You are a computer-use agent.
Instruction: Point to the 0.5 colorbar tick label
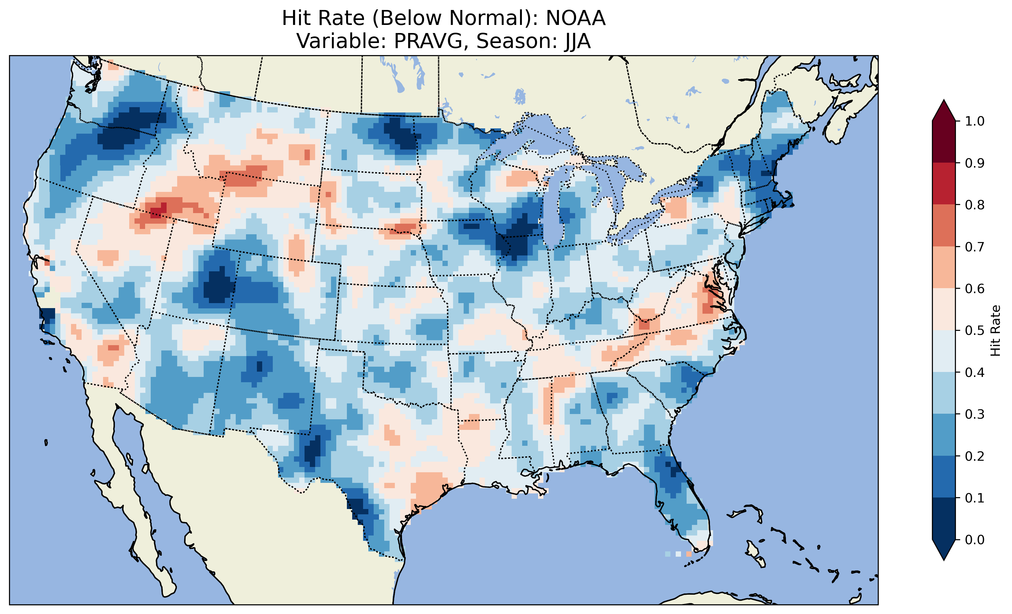tap(974, 331)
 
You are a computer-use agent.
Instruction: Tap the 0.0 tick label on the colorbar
tap(974, 540)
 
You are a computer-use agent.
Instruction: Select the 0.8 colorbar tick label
tap(974, 205)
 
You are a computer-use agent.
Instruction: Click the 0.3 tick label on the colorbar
tap(974, 414)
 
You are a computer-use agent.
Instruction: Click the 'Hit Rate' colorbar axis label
tap(995, 331)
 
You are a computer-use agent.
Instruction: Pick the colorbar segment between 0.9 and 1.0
tap(944, 142)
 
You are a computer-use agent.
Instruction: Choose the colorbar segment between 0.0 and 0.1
tap(944, 519)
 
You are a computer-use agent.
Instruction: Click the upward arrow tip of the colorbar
tap(944, 102)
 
